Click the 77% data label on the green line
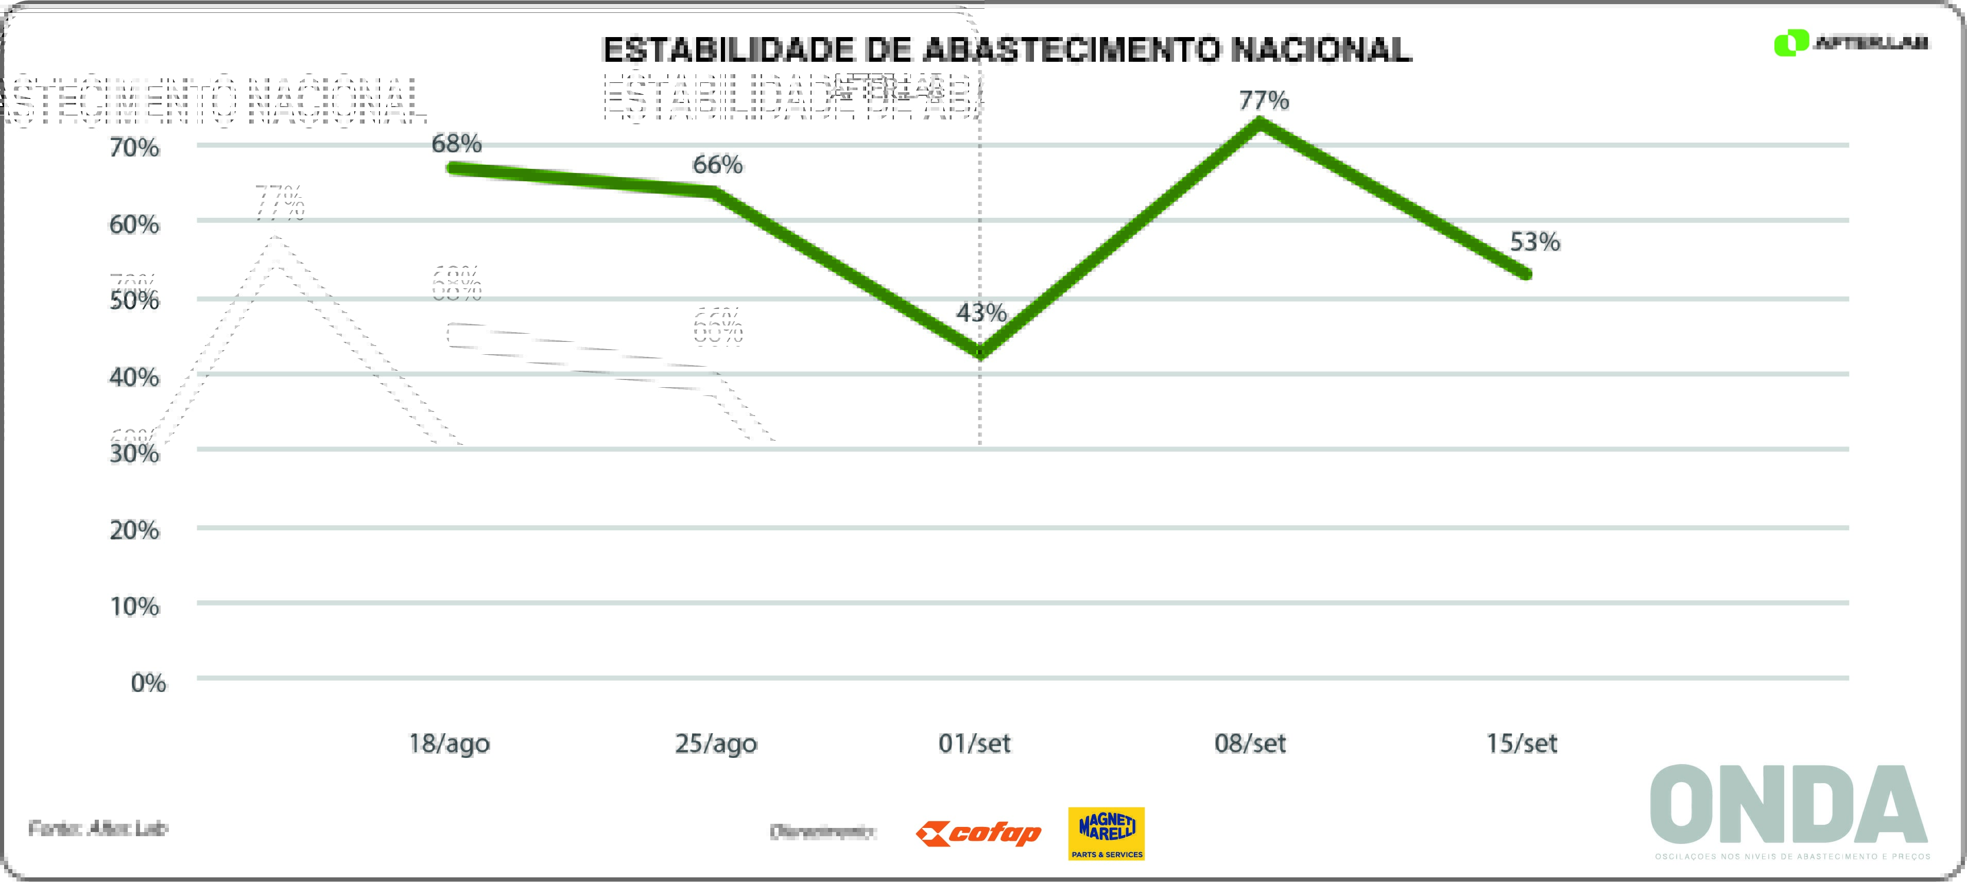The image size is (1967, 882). pyautogui.click(x=1264, y=100)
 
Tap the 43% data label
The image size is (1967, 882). pyautogui.click(x=981, y=313)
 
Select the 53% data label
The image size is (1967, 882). pyautogui.click(x=1535, y=242)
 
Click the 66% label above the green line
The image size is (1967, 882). pyautogui.click(x=717, y=164)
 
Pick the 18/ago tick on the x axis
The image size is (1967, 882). pyautogui.click(x=449, y=743)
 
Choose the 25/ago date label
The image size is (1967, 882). pyautogui.click(x=715, y=743)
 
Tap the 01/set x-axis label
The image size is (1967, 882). pyautogui.click(x=974, y=743)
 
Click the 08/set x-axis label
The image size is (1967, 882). pyautogui.click(x=1250, y=743)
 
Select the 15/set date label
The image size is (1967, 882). pyautogui.click(x=1521, y=743)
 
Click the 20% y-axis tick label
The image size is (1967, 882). pyautogui.click(x=134, y=530)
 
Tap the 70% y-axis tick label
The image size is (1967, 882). pyautogui.click(x=134, y=147)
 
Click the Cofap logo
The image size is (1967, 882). pyautogui.click(x=978, y=833)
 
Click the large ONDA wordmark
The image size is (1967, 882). pyautogui.click(x=1788, y=805)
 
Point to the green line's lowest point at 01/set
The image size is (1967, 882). pyautogui.click(x=980, y=353)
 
